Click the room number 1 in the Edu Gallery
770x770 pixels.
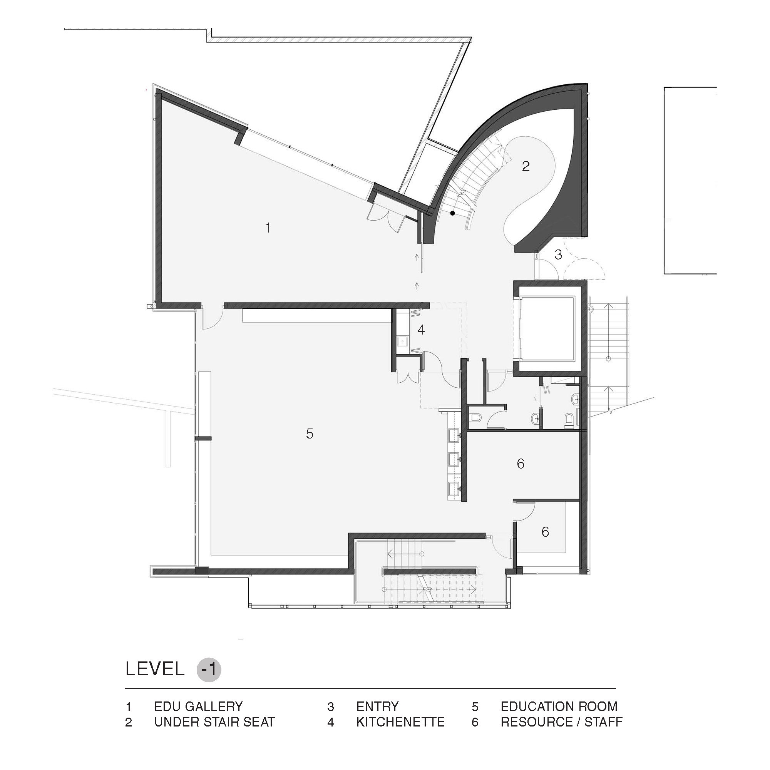point(268,228)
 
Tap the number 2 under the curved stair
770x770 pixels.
point(526,166)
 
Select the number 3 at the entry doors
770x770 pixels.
point(558,254)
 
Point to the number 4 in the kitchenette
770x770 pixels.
point(421,330)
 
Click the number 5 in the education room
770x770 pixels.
point(310,434)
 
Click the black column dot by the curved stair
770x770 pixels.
point(452,213)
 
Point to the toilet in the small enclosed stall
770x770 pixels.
point(475,417)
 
